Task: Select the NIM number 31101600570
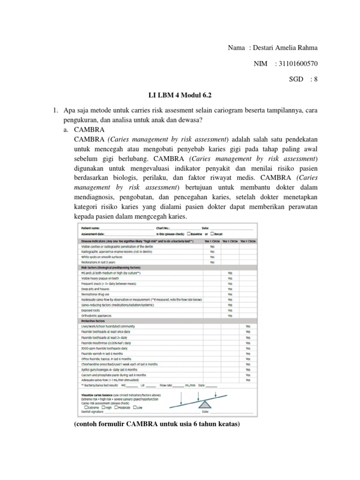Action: (x=298, y=64)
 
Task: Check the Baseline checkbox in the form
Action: (x=189, y=233)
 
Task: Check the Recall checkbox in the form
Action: (x=212, y=233)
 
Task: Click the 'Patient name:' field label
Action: (x=90, y=227)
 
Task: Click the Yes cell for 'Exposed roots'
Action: (x=230, y=310)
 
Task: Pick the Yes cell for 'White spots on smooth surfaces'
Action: (x=212, y=257)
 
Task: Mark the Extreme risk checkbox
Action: (x=85, y=407)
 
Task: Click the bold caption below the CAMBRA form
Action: (x=157, y=425)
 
